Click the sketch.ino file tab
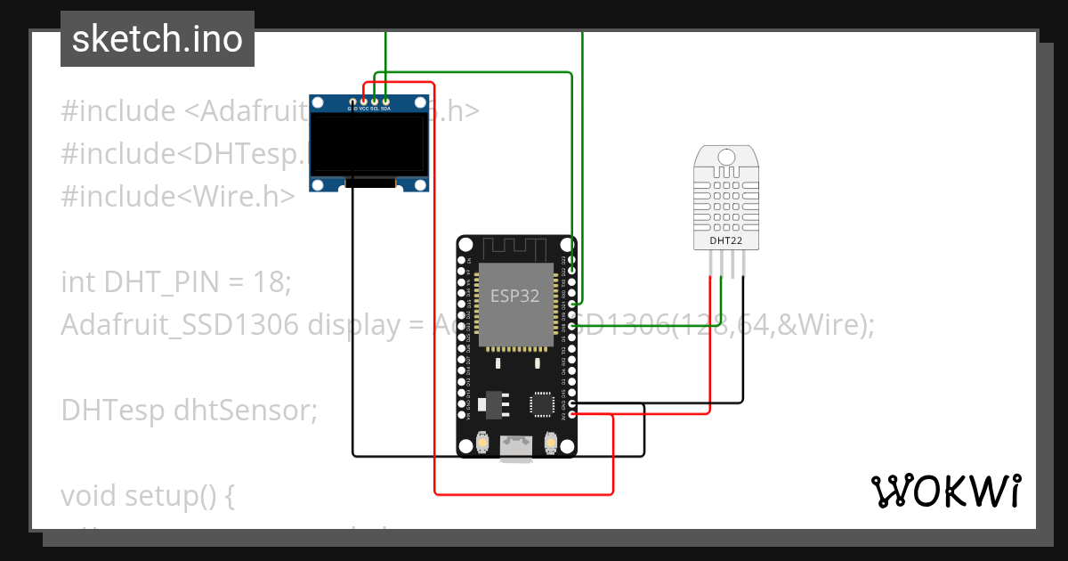tap(157, 39)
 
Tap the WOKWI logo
tap(944, 492)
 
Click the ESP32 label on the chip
tap(514, 296)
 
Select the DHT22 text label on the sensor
tap(726, 240)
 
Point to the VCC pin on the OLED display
tap(364, 102)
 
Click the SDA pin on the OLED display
tap(385, 102)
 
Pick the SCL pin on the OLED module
tap(375, 102)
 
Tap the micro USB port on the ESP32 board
tap(516, 448)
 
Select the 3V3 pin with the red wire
tap(571, 415)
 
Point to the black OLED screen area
tap(368, 144)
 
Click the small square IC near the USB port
tap(542, 403)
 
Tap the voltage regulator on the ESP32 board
tap(494, 405)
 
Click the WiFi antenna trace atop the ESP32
tap(516, 248)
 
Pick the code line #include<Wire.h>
tap(177, 196)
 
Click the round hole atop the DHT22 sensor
tap(726, 158)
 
